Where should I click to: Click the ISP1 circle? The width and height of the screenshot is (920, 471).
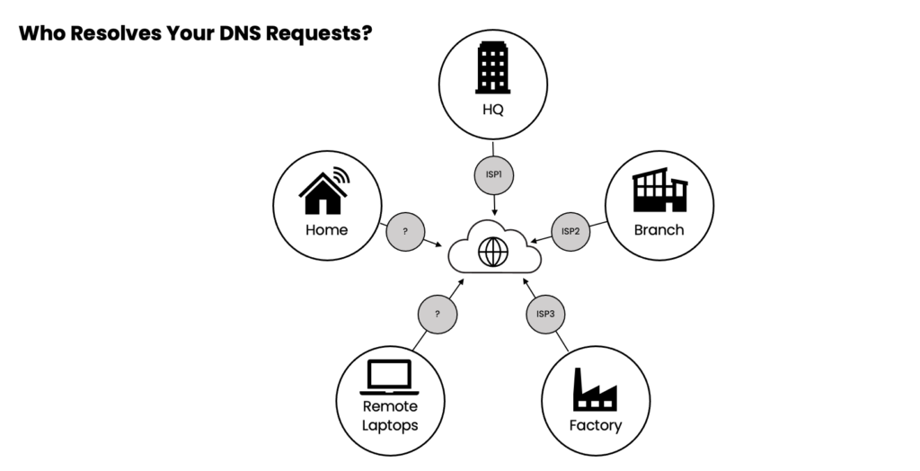(494, 174)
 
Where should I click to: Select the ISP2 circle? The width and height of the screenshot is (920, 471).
(571, 231)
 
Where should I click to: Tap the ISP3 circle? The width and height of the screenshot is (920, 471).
(545, 314)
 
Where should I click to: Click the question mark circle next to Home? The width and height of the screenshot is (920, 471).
(405, 231)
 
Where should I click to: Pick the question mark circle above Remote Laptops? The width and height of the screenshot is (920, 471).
(438, 314)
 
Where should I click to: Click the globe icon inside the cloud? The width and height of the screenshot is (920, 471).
(493, 253)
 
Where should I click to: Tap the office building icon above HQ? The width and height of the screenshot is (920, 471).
(492, 68)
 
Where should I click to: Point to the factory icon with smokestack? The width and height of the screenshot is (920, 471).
(595, 390)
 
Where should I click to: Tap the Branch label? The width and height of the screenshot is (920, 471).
(659, 229)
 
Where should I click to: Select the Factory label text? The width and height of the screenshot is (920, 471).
(595, 425)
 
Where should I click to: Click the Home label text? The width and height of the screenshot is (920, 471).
(326, 230)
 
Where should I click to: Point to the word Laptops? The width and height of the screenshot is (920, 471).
(390, 425)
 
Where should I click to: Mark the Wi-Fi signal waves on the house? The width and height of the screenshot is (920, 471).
(341, 175)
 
